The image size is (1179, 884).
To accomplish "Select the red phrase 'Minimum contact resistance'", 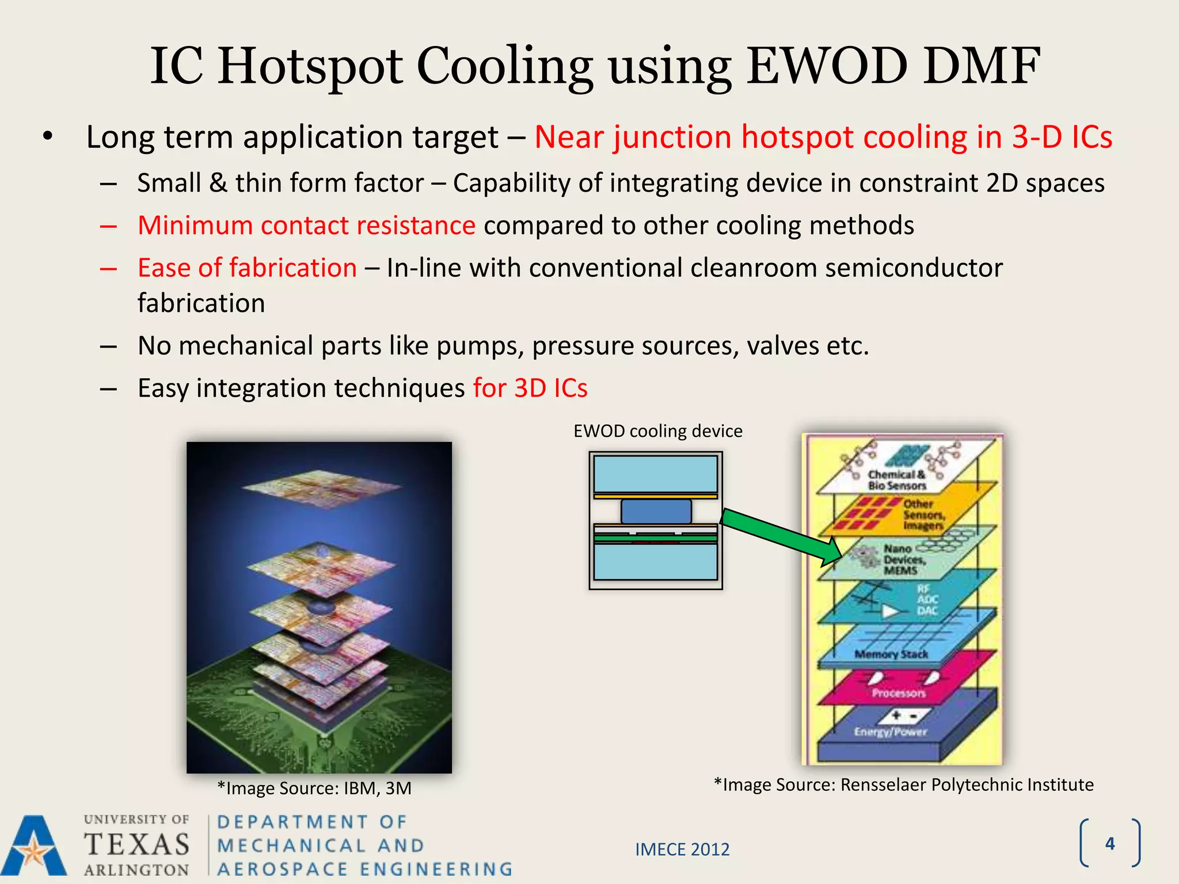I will point(306,225).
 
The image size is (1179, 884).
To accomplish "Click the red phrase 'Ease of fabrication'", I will point(247,268).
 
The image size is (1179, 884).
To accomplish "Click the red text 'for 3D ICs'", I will point(530,388).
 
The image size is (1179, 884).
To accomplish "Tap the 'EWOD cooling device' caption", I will point(657,431).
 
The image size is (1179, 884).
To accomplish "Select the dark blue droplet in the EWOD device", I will point(656,511).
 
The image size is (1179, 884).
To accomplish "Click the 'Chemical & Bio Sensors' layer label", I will point(897,480).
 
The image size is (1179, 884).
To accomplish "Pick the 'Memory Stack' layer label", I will point(891,654).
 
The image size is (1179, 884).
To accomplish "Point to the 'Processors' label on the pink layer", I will point(898,694).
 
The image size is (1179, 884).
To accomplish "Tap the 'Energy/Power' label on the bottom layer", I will point(890,732).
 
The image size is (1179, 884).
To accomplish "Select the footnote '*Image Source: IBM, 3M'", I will point(314,788).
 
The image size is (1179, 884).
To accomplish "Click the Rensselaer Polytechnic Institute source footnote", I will point(903,784).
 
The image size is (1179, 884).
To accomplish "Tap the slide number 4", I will point(1110,844).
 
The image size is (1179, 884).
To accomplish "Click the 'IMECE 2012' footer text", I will point(682,849).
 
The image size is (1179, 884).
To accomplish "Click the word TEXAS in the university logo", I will point(136,845).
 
